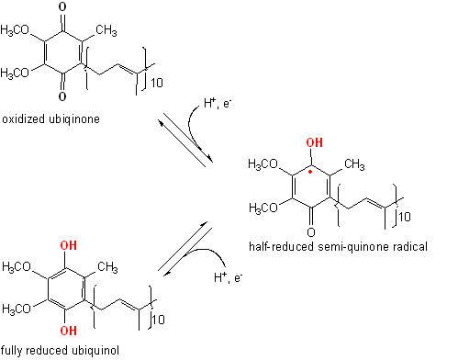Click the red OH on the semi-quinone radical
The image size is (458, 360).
pos(316,143)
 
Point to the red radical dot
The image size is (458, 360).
pos(311,171)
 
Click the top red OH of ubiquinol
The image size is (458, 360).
pos(68,245)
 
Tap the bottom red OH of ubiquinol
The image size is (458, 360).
pos(68,330)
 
